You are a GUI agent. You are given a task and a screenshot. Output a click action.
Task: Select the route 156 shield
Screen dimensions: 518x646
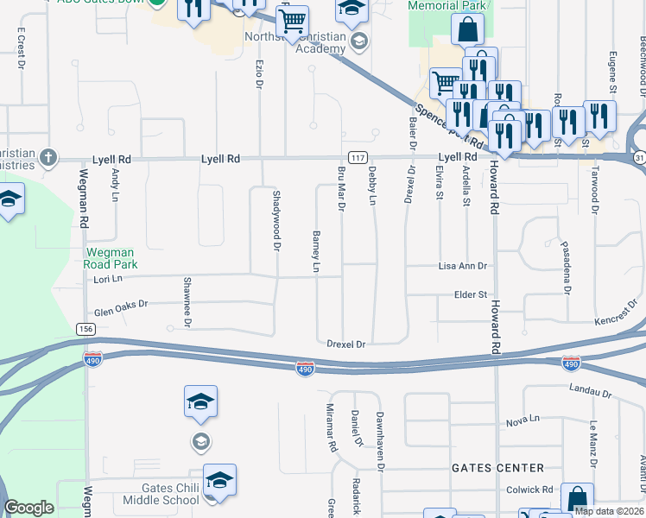85,329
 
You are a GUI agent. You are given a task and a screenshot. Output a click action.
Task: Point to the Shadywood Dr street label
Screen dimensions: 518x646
277,221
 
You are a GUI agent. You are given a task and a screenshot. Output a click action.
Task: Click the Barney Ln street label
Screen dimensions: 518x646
316,251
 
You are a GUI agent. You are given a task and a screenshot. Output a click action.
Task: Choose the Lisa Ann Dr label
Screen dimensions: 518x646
463,267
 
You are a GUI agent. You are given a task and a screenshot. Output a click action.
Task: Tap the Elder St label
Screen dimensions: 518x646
471,295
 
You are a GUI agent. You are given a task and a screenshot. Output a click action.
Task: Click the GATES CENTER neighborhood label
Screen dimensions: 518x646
497,468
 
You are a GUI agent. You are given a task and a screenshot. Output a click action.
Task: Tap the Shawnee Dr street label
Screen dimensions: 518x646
187,302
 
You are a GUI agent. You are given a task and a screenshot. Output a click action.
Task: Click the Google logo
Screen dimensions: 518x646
28,508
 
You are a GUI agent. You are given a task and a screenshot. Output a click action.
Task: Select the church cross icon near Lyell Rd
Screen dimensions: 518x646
48,158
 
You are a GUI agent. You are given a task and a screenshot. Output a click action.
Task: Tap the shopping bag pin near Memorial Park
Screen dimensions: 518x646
467,29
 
